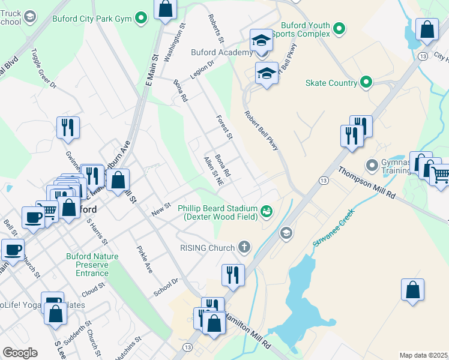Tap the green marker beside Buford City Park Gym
[142, 19]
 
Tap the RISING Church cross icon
[244, 247]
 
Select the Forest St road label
[224, 128]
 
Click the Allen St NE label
[214, 171]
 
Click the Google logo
[20, 353]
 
